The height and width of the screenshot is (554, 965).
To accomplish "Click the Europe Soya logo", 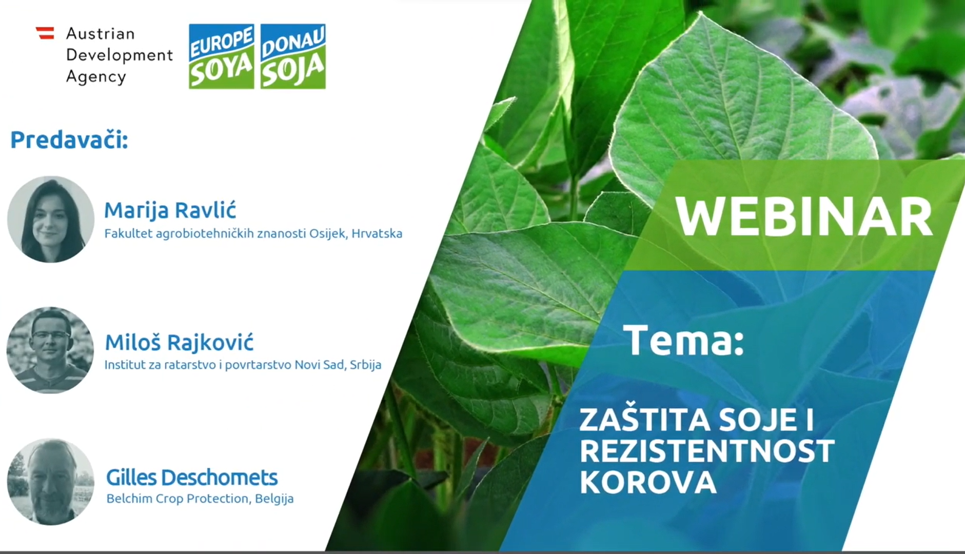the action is point(221,56).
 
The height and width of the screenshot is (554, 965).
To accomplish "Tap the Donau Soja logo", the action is point(293,56).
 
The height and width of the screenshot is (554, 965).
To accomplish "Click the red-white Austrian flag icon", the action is point(45,33).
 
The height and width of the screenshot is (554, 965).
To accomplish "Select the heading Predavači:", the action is point(69,140).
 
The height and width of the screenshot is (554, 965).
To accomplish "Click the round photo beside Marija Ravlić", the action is point(51,219).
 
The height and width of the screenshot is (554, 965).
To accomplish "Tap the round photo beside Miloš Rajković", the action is point(50,350).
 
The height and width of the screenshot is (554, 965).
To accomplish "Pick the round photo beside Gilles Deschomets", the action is point(51,482).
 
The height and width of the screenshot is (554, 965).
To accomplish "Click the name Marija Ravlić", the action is point(170,210).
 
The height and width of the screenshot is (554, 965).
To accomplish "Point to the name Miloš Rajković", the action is point(179,343).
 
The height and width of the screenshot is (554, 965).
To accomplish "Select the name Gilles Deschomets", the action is point(192,478).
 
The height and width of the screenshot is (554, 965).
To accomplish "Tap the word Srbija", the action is point(366,365).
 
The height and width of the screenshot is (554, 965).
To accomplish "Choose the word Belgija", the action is point(274,499).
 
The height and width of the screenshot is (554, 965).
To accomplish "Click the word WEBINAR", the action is point(804,217).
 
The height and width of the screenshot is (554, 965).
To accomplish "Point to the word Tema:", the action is point(684,340).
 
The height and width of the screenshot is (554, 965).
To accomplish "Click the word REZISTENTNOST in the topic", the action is point(707,451).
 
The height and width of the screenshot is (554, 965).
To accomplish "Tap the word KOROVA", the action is point(648,482).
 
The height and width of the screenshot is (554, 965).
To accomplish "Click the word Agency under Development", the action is point(96,77).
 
